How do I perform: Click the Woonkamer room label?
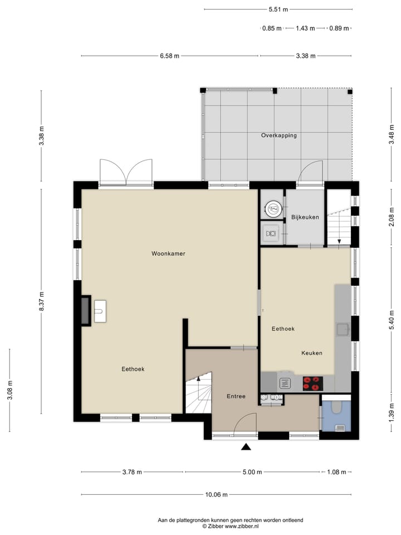[168, 254]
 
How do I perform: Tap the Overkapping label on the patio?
[278, 135]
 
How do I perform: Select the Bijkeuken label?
[305, 217]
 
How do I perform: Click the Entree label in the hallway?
[236, 397]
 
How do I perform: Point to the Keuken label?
[312, 353]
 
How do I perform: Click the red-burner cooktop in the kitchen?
[312, 383]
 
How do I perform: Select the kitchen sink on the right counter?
[342, 329]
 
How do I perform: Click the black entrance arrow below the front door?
[246, 446]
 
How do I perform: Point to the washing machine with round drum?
[273, 210]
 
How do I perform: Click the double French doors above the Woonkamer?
[126, 172]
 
